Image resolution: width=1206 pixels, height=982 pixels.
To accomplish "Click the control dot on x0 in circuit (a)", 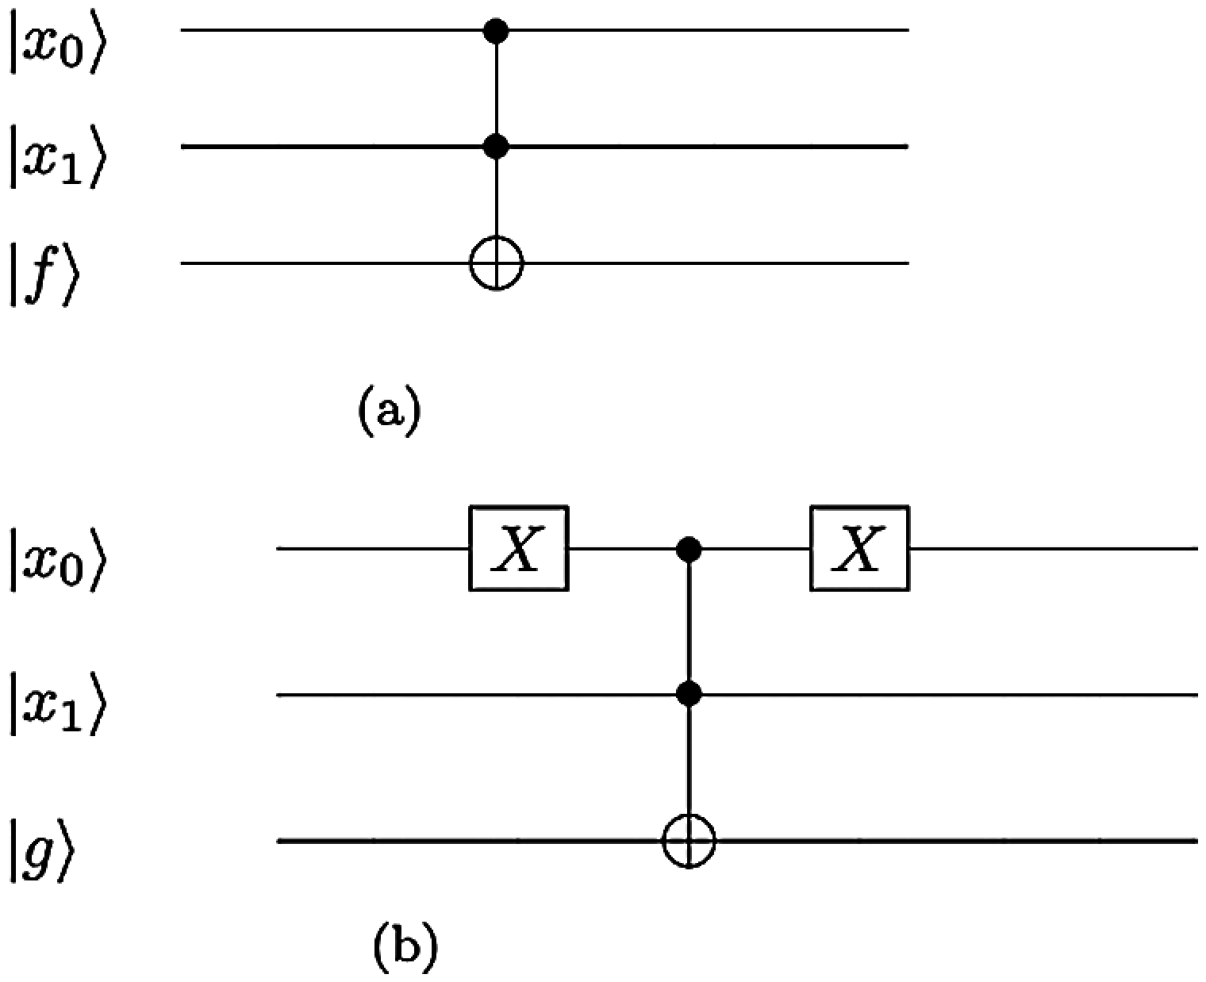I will (496, 31).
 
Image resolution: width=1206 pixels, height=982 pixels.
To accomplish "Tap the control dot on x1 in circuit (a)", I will (496, 146).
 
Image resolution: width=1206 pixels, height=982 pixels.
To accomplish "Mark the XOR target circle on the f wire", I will (496, 263).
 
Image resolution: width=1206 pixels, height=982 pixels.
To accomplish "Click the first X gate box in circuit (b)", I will (519, 548).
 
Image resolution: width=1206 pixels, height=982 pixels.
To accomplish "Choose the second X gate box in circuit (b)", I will (859, 548).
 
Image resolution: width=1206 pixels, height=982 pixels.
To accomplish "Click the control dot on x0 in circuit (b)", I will (689, 548).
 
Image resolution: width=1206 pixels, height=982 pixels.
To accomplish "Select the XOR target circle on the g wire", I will (689, 840).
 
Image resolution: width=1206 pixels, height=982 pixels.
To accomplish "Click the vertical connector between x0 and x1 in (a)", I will (496, 89).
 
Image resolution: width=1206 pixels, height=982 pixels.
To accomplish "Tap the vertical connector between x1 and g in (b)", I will (689, 761).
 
